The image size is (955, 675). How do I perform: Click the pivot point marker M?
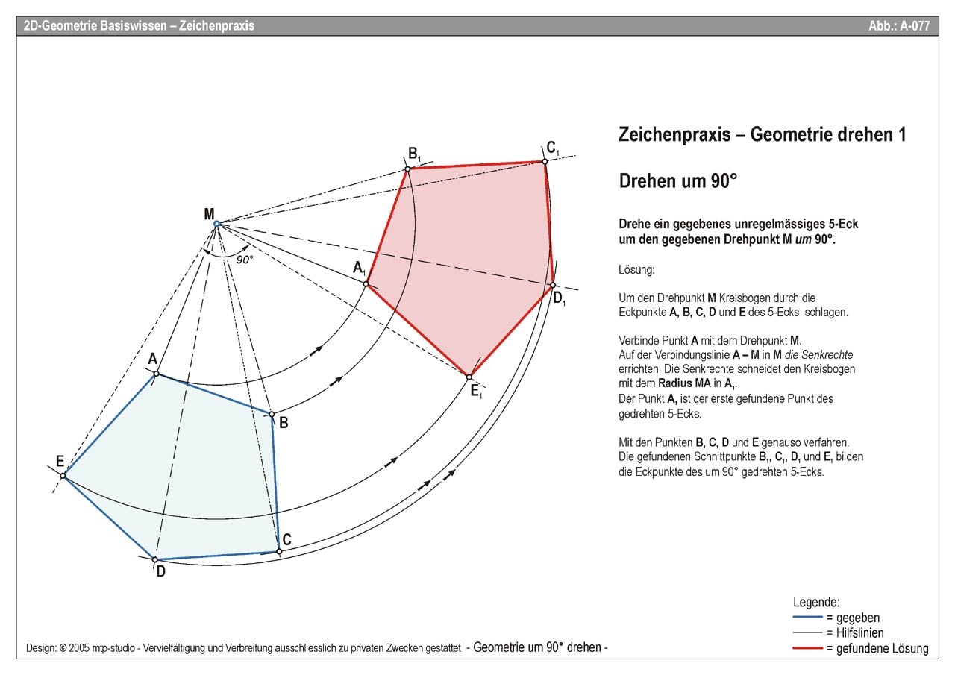click(x=216, y=224)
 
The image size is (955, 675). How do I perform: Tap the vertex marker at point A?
click(x=156, y=373)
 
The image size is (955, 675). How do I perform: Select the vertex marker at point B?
click(x=272, y=414)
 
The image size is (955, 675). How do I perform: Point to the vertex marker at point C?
click(x=278, y=552)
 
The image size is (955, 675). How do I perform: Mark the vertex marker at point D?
click(x=154, y=559)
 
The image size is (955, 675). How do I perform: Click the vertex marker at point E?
click(x=63, y=475)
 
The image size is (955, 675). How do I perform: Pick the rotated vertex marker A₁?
click(x=366, y=283)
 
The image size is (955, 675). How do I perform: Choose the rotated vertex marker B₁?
click(x=407, y=169)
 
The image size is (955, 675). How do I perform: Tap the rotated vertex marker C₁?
click(x=545, y=161)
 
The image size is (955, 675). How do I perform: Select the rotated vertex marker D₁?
click(x=553, y=285)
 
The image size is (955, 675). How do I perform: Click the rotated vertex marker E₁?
click(x=469, y=377)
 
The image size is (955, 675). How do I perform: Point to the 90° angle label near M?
click(x=245, y=260)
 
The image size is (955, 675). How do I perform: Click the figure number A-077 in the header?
click(x=899, y=25)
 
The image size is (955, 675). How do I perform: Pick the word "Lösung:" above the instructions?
click(x=636, y=269)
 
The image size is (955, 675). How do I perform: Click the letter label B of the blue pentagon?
click(x=284, y=424)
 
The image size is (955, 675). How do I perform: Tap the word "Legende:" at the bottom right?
click(x=816, y=602)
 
